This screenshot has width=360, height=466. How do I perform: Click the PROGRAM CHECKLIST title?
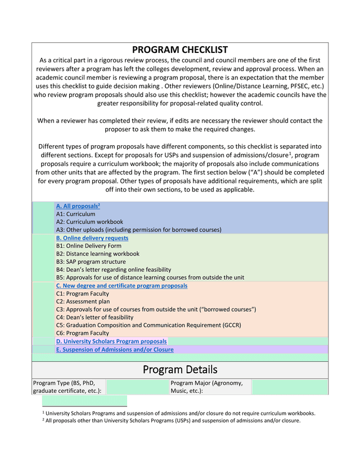pyautogui.click(x=179, y=50)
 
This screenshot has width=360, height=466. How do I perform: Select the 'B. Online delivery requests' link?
pyautogui.click(x=92, y=238)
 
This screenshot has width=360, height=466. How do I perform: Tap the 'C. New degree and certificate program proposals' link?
pyautogui.click(x=121, y=286)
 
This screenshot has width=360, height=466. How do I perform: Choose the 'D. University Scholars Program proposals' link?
pyautogui.click(x=111, y=341)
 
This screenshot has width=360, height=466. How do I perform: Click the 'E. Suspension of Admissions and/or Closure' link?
pyautogui.click(x=114, y=349)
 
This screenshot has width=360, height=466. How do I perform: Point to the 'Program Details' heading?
pyautogui.click(x=179, y=370)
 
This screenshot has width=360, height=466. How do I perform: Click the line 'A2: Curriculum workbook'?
pyautogui.click(x=89, y=222)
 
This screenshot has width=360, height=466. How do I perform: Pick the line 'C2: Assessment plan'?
pyautogui.click(x=83, y=302)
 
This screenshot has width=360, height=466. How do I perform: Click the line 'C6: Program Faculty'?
pyautogui.click(x=83, y=333)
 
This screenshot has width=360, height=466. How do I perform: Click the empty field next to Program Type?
pyautogui.click(x=137, y=387)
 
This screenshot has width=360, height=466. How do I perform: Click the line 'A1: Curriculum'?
pyautogui.click(x=75, y=214)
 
